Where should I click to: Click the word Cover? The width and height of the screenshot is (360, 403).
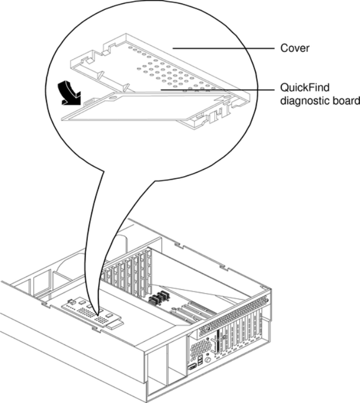tap(299, 48)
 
